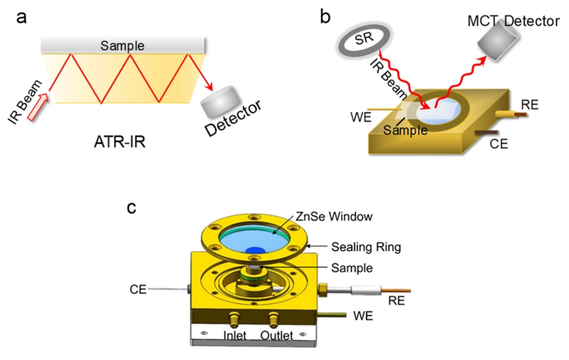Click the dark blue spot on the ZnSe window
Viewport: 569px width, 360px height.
256,250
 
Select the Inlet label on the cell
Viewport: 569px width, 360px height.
235,335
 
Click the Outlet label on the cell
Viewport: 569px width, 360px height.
277,335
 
